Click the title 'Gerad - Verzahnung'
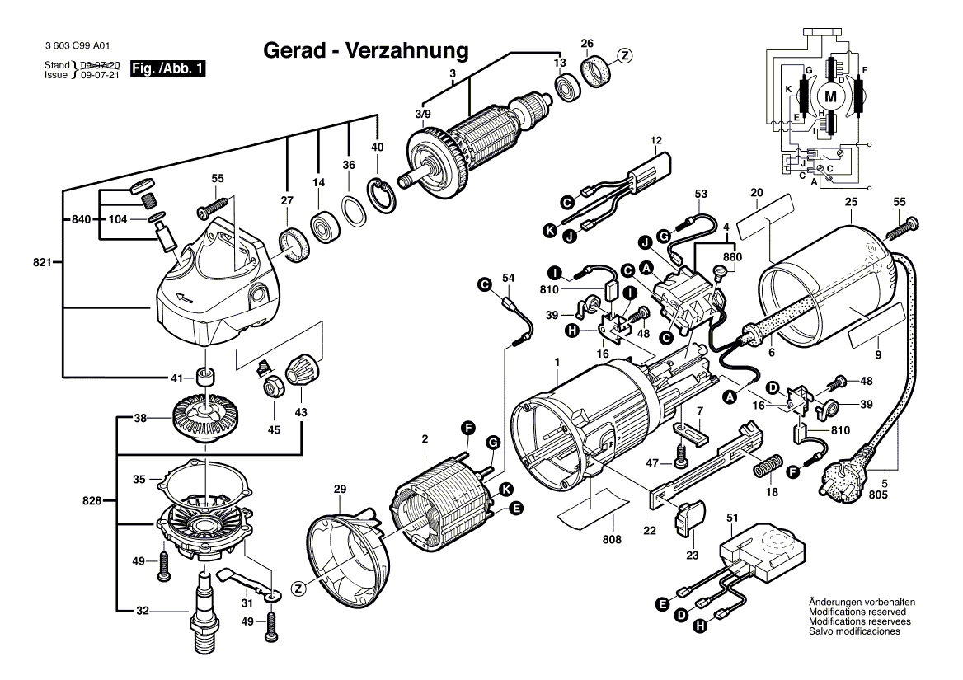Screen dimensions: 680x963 365,50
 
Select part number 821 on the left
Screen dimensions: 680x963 42,263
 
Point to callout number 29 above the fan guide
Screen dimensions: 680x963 340,490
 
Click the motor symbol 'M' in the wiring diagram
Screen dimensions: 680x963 831,97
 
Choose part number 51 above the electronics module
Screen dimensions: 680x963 730,518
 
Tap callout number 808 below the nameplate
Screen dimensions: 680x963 612,540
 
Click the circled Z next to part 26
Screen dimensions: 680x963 625,56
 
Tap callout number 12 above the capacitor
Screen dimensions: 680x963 656,140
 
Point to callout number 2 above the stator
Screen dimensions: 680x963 425,439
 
